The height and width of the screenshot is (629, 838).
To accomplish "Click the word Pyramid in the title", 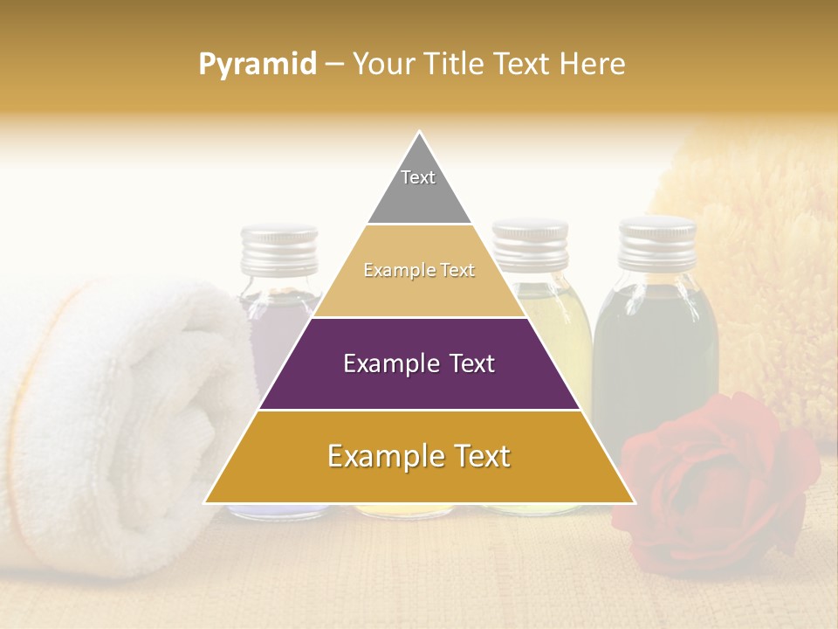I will pyautogui.click(x=257, y=65).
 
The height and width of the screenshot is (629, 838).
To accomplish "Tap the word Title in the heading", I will pyautogui.click(x=455, y=65).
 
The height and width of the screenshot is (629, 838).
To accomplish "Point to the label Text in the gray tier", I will pyautogui.click(x=418, y=177).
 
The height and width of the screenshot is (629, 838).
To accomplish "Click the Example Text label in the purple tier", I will pyautogui.click(x=419, y=363).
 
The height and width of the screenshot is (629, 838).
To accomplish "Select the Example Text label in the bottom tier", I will pyautogui.click(x=419, y=456).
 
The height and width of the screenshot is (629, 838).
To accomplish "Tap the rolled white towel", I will pyautogui.click(x=113, y=419).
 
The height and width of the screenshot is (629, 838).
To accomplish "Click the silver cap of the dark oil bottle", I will pyautogui.click(x=657, y=240).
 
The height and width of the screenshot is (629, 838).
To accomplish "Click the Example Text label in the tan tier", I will pyautogui.click(x=419, y=271).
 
